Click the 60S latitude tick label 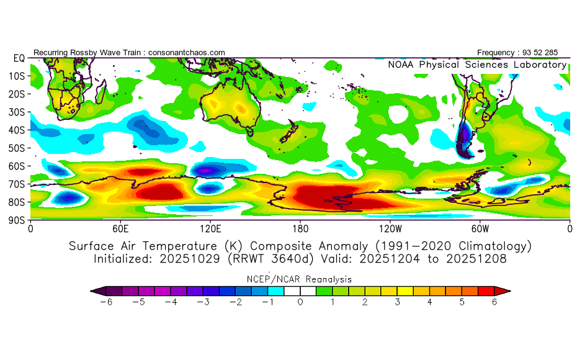point(15,166)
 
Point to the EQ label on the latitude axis point(18,58)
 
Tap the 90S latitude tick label point(15,220)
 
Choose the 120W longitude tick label point(390,228)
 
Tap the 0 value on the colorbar point(300,302)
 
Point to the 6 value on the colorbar point(494,302)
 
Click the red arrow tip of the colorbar point(506,290)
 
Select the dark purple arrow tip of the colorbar point(95,290)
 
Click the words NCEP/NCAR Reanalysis point(300,279)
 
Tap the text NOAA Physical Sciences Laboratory point(477,65)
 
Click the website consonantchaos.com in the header point(187,52)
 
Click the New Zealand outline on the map point(288,136)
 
